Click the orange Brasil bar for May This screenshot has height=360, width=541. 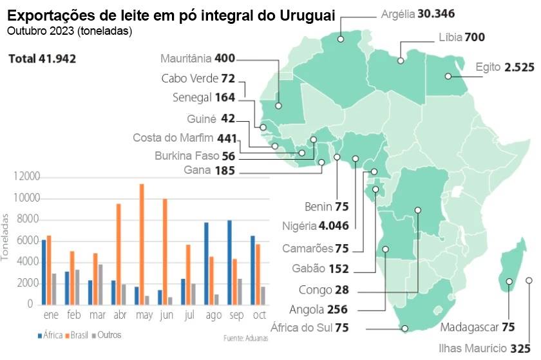(x=142, y=244)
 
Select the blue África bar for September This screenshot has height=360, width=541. (x=229, y=263)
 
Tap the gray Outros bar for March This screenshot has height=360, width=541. (x=100, y=285)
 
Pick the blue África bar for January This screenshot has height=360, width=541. (x=44, y=272)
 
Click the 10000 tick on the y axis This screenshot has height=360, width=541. (x=27, y=198)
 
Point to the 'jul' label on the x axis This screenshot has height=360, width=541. (x=190, y=315)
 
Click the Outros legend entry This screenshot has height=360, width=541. (x=107, y=335)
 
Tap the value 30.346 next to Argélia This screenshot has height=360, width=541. (x=436, y=14)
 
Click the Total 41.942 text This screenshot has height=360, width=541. (x=43, y=59)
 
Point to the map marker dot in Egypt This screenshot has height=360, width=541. (x=448, y=76)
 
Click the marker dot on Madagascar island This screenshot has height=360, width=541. (x=509, y=281)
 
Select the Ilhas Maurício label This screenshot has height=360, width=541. (x=484, y=348)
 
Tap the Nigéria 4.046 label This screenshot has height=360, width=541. (x=316, y=226)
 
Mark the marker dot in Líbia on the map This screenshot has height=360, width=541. (x=401, y=61)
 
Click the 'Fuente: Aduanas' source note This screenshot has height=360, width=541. (x=245, y=338)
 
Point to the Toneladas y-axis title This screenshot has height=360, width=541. (x=5, y=237)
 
